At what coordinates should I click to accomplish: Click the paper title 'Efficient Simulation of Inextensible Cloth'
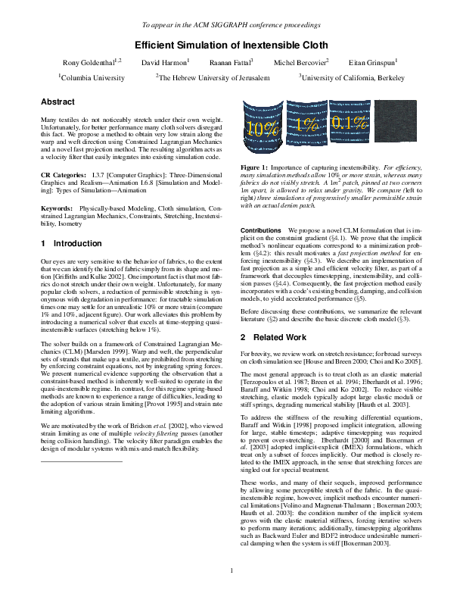(231, 45)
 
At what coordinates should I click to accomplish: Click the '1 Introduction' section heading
(70, 244)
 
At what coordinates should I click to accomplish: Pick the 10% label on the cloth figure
(263, 129)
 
